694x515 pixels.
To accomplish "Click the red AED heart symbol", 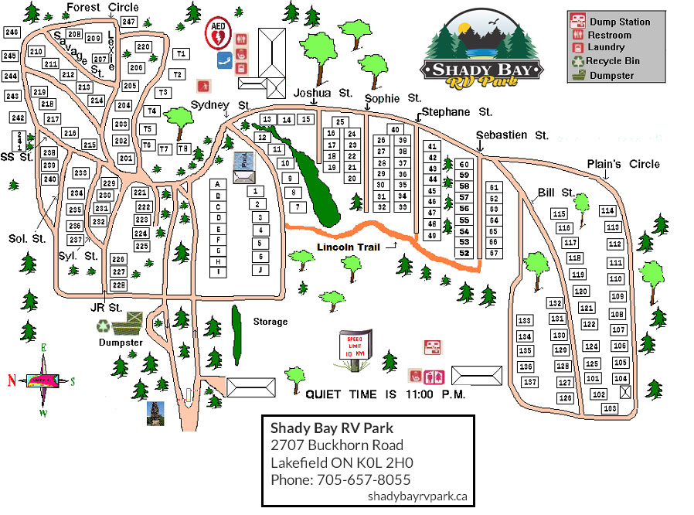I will pyautogui.click(x=218, y=35).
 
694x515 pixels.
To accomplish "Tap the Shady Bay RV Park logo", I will pyautogui.click(x=482, y=52).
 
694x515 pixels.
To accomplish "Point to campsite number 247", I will pyautogui.click(x=129, y=22).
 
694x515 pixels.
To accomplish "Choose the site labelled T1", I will pyautogui.click(x=181, y=54).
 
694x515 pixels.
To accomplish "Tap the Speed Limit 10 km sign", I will pyautogui.click(x=356, y=344).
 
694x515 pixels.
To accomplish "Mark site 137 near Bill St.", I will pyautogui.click(x=529, y=382).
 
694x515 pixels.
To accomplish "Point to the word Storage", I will pyautogui.click(x=270, y=322).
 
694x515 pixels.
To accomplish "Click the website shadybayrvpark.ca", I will pyautogui.click(x=417, y=496).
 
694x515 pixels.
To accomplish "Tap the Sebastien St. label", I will pyautogui.click(x=512, y=135).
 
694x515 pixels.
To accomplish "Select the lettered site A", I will pyautogui.click(x=219, y=184).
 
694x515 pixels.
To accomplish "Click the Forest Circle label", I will pyautogui.click(x=102, y=8).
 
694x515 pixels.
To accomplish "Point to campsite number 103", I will pyautogui.click(x=610, y=408).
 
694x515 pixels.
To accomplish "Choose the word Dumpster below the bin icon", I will pyautogui.click(x=119, y=342).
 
